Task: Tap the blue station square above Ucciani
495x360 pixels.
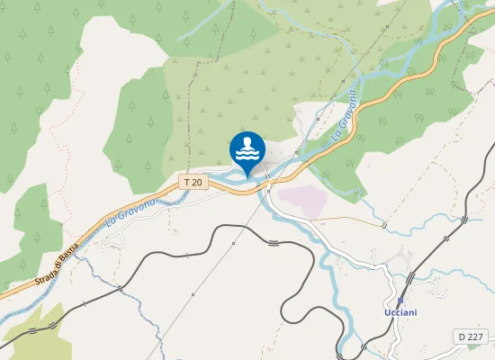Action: pyautogui.click(x=401, y=301)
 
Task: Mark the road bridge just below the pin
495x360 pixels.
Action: pyautogui.click(x=267, y=188)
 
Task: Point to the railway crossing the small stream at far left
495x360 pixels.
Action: pyautogui.click(x=120, y=289)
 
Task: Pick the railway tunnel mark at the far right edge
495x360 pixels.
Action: pyautogui.click(x=463, y=219)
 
